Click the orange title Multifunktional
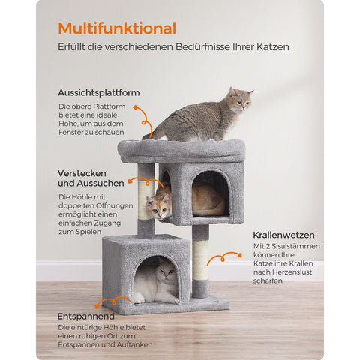pos(117,28)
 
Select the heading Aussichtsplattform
pos(98,92)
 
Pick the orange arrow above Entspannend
pos(117,302)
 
